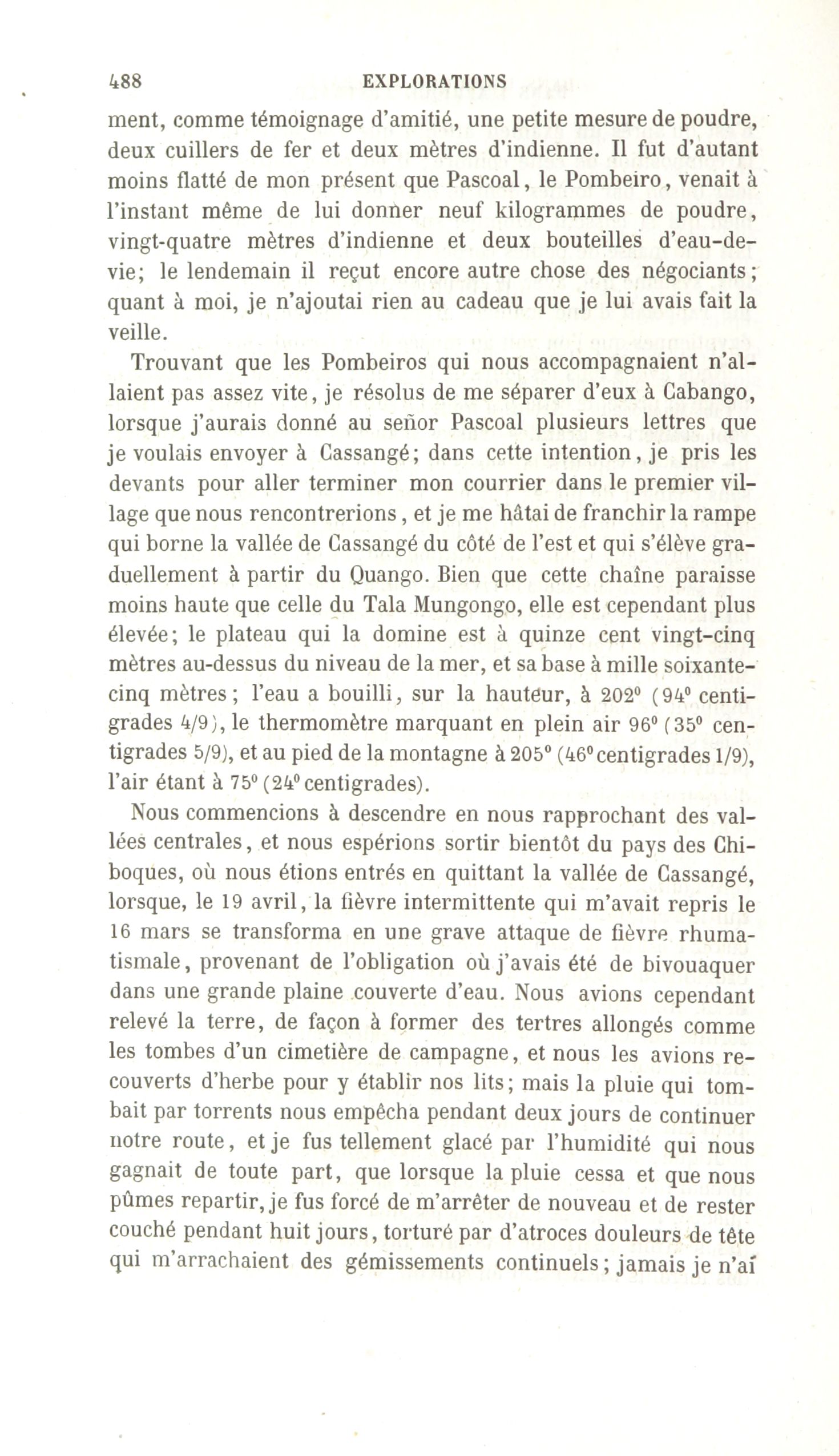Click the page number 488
click(x=125, y=80)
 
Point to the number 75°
click(x=243, y=784)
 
